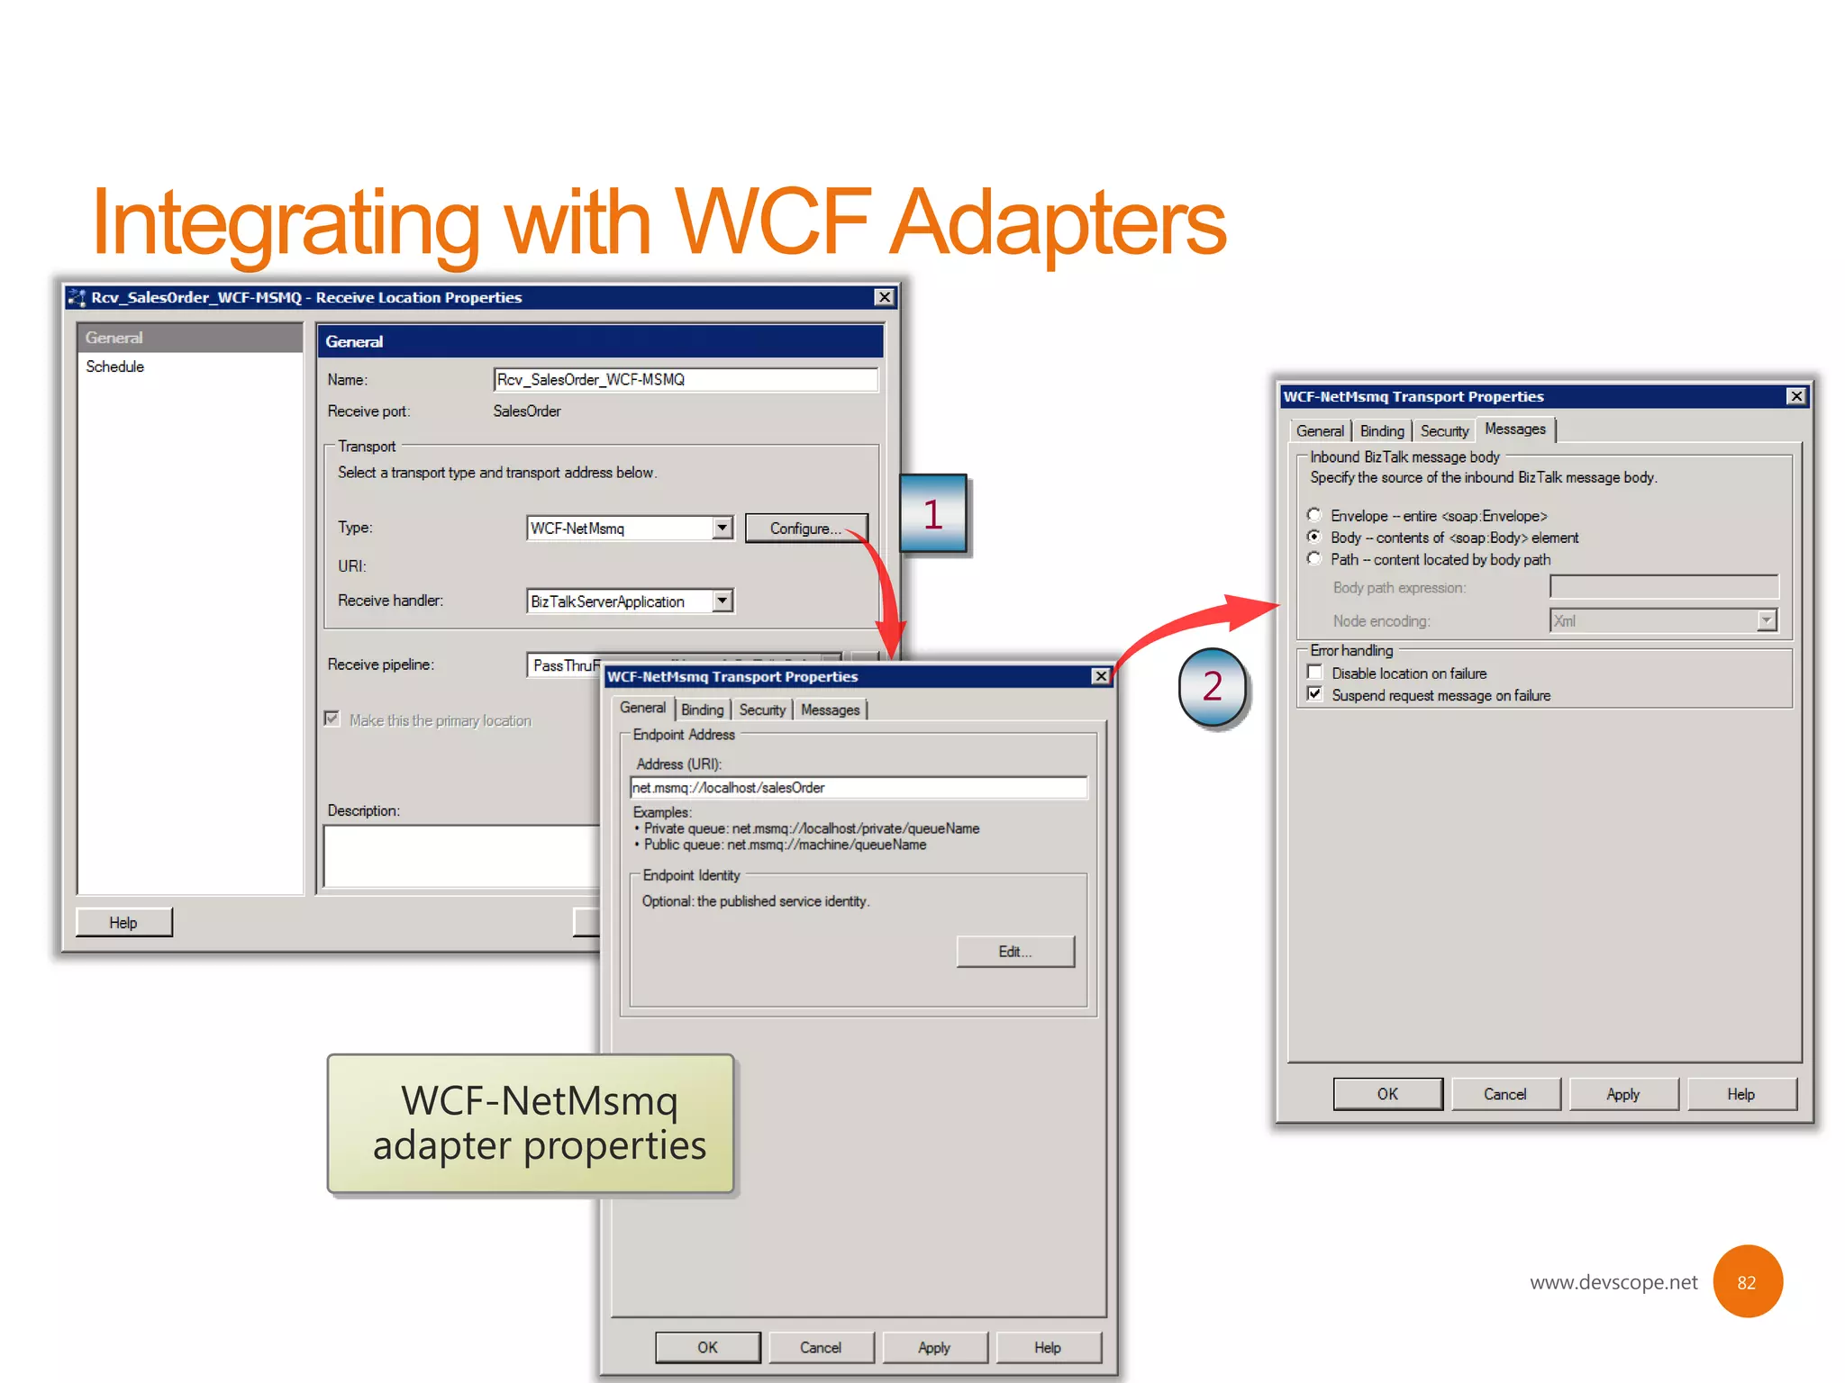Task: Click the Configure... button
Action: [x=805, y=529]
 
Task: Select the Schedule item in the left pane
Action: [x=115, y=366]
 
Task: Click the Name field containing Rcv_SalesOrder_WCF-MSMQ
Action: [x=685, y=380]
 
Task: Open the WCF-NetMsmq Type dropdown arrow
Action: [x=723, y=528]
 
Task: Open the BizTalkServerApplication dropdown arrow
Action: [x=723, y=601]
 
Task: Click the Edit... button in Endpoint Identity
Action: [x=1014, y=952]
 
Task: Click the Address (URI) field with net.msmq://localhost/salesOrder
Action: [x=858, y=788]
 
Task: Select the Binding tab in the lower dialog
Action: [x=702, y=710]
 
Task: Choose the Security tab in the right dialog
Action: [x=1443, y=431]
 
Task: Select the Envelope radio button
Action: [x=1314, y=515]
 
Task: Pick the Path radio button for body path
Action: [x=1314, y=559]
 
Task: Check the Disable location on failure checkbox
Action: [x=1315, y=673]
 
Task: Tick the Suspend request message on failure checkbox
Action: [x=1315, y=694]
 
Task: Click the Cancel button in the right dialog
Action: [x=1504, y=1094]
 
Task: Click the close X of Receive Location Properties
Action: [x=885, y=297]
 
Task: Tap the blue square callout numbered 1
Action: [x=933, y=514]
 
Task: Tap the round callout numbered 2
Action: [x=1213, y=687]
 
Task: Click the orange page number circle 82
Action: [x=1747, y=1282]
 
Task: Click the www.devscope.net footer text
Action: [x=1613, y=1282]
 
